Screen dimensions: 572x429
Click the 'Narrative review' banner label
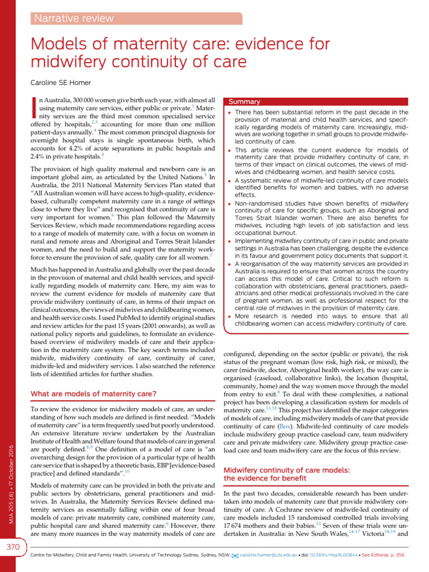[74, 18]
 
